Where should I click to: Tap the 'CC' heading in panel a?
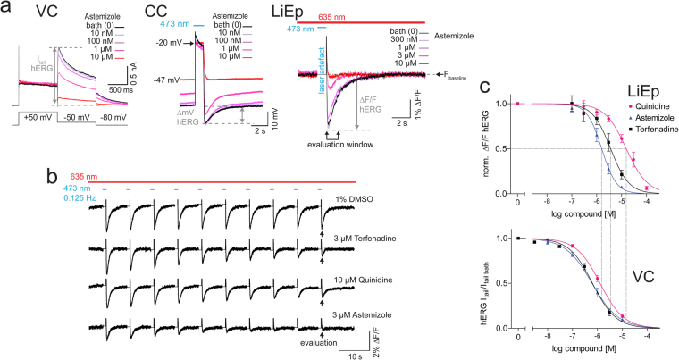[x=161, y=13]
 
